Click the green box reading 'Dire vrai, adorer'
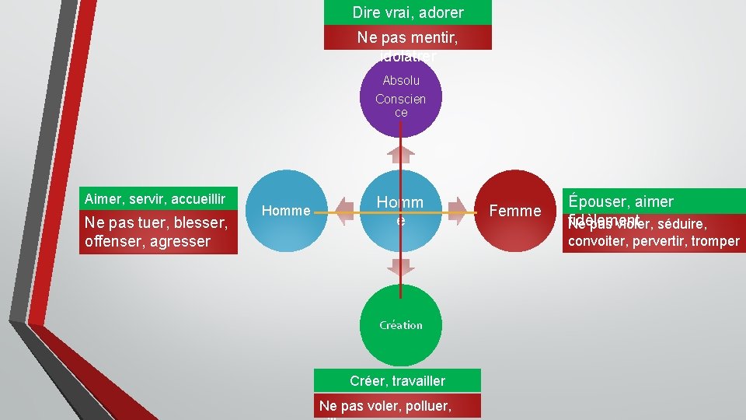408,12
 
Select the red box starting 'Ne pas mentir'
408,37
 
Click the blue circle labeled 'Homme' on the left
286,211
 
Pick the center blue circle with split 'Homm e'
400,211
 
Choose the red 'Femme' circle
515,211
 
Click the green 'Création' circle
401,325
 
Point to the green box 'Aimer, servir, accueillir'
156,199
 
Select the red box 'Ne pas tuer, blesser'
156,232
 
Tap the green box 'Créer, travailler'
397,380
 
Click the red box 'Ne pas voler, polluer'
397,405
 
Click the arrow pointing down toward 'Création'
401,267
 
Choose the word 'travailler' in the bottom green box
420,380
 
